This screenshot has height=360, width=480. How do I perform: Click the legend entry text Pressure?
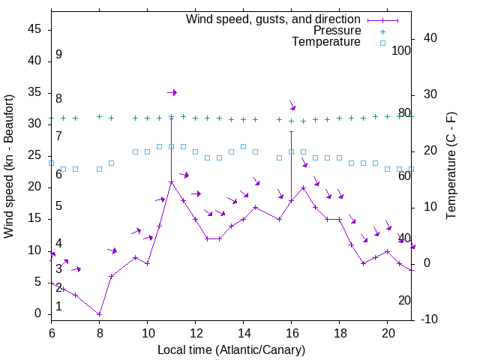tap(337, 31)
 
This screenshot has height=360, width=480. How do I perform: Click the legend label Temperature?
tap(326, 42)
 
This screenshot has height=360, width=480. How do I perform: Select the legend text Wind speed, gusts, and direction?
tap(274, 19)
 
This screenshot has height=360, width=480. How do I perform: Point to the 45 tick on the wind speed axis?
tap(34, 29)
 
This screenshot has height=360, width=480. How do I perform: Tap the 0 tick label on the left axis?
tap(38, 314)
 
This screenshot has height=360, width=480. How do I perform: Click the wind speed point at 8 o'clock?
tap(99, 314)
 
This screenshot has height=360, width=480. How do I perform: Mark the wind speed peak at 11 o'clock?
tap(171, 181)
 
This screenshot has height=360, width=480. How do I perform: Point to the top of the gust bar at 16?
tap(291, 131)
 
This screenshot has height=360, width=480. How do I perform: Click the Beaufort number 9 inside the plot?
tap(58, 55)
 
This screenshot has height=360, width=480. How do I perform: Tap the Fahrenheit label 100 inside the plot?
tap(401, 51)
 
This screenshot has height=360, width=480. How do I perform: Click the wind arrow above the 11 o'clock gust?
tap(172, 92)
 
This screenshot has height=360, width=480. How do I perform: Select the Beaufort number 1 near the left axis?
tap(58, 306)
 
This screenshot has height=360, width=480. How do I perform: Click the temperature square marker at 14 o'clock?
tap(243, 146)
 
